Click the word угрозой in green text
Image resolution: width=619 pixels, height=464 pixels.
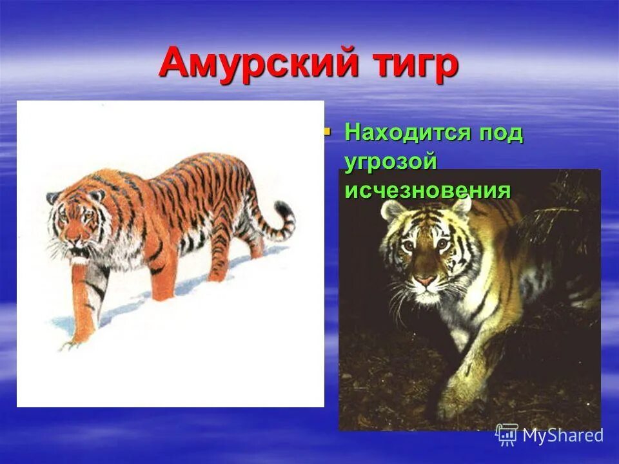coord(391,162)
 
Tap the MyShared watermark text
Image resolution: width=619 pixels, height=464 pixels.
coord(562,436)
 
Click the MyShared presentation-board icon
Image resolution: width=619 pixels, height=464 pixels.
coord(507,436)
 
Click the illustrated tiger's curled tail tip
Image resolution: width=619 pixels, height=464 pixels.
coord(285,213)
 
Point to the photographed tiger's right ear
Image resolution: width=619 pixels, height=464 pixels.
coord(462,205)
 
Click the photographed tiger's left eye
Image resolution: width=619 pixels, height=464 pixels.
coord(408,246)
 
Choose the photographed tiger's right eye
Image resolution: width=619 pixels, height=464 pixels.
coord(443,244)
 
